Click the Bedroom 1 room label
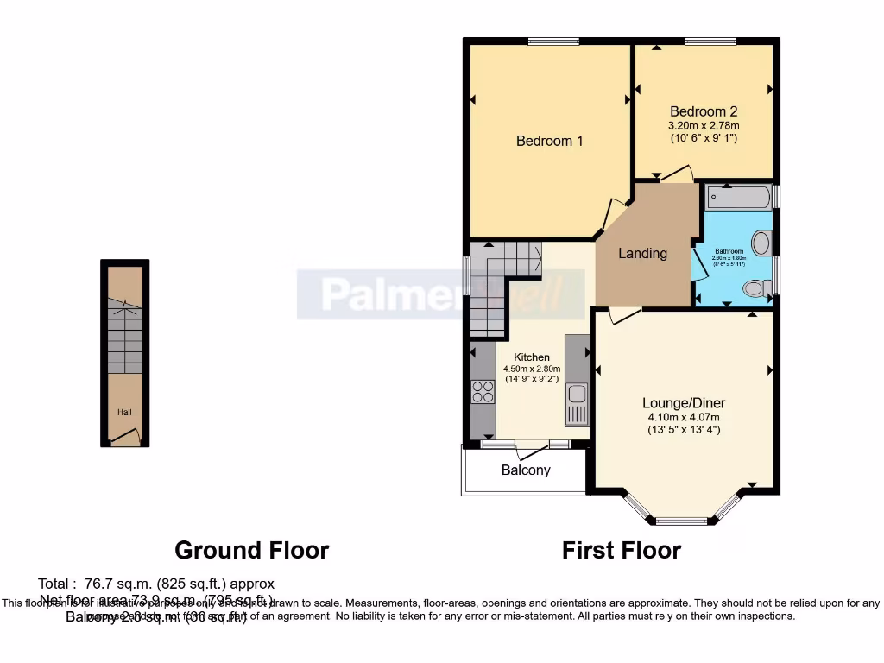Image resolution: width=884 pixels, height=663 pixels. (549, 141)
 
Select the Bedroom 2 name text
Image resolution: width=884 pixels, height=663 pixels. (704, 111)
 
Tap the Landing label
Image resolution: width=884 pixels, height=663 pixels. (642, 253)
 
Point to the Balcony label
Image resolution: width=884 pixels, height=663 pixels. (526, 470)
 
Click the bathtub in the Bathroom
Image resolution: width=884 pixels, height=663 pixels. (737, 198)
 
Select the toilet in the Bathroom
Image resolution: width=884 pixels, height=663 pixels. (755, 288)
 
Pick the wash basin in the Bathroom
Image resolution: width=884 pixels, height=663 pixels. (761, 243)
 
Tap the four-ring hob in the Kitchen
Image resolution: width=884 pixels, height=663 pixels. (481, 393)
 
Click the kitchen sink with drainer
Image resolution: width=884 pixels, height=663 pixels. (577, 402)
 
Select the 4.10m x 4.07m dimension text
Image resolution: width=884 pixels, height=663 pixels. (683, 417)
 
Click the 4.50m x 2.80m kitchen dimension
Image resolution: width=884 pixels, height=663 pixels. (532, 369)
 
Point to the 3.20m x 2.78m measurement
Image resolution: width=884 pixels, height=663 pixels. (704, 126)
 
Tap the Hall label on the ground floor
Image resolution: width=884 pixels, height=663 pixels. (125, 413)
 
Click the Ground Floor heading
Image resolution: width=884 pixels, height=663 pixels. (251, 550)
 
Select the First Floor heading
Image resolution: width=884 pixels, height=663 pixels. (622, 550)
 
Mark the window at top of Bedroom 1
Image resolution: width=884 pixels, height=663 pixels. (553, 41)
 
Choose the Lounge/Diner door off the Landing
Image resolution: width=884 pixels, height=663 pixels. (623, 316)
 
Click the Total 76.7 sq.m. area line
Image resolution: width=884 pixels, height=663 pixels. (156, 584)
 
